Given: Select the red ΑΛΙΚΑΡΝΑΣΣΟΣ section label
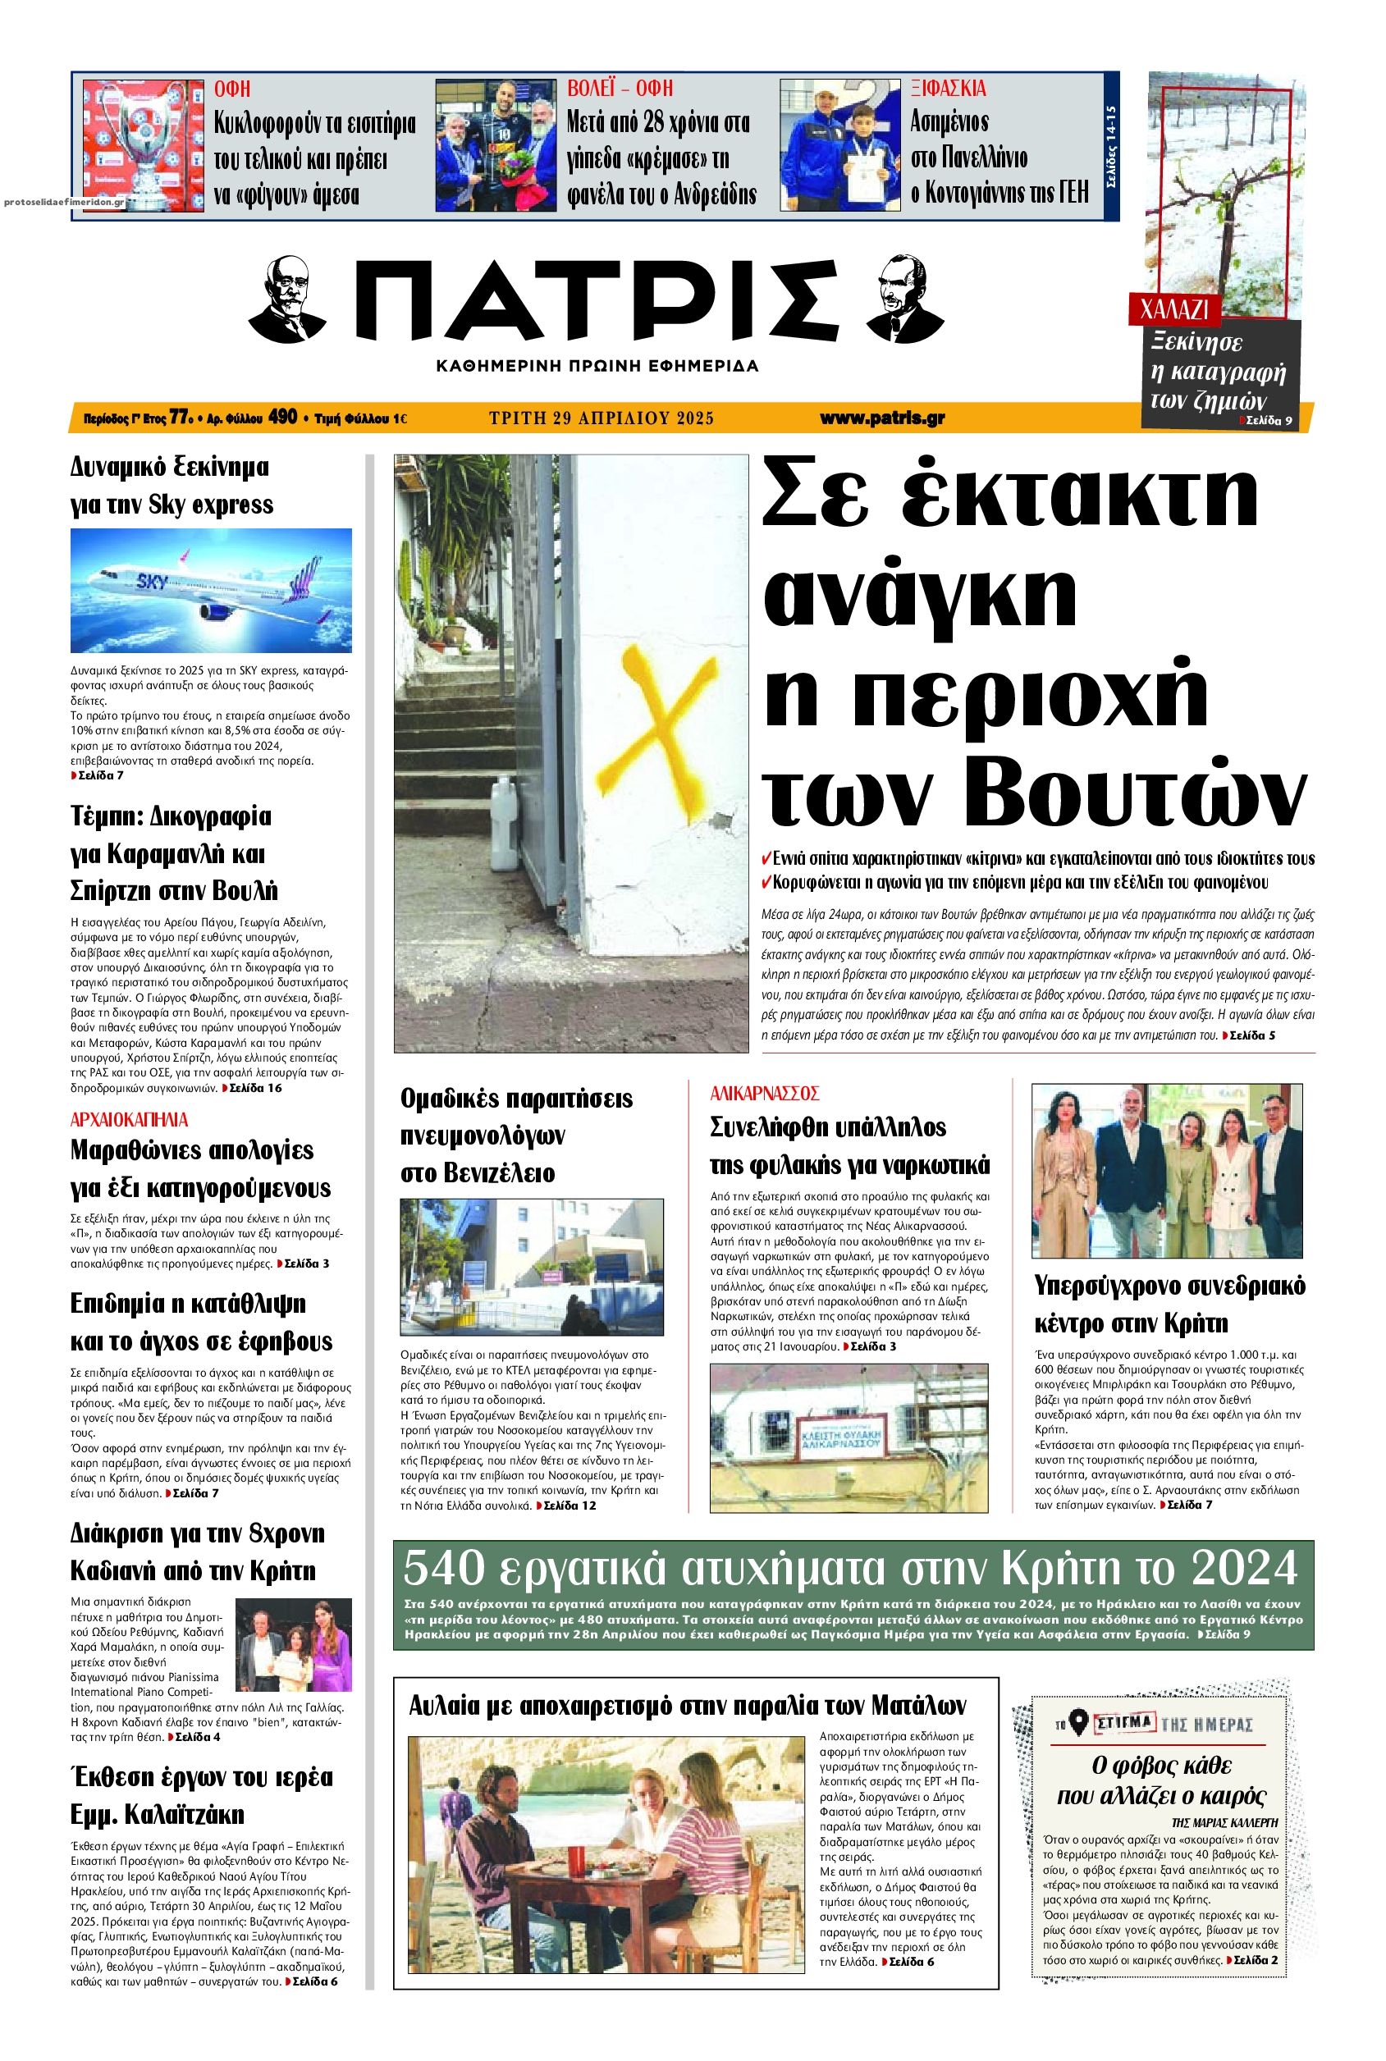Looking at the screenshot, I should [766, 1093].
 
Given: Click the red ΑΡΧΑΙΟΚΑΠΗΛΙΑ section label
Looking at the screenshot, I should [129, 1120].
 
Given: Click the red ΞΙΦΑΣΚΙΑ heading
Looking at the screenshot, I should [949, 89].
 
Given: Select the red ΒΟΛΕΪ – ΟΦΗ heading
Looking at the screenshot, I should [620, 89].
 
